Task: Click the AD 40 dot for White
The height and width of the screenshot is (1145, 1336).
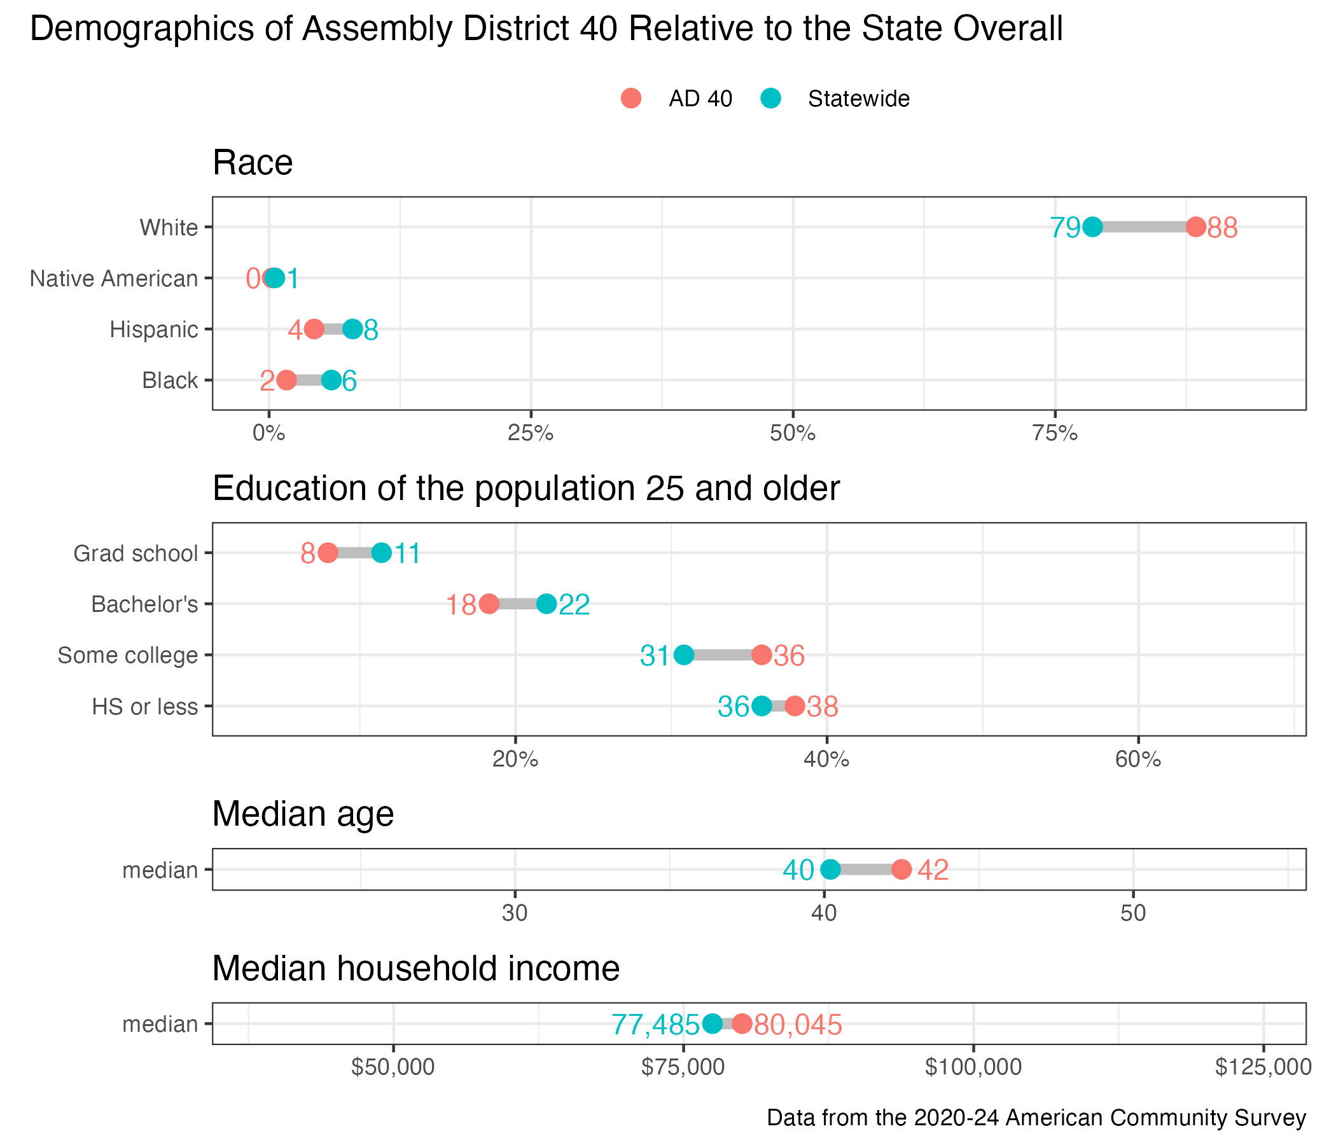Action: [x=1196, y=227]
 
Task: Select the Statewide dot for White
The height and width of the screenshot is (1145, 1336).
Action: [x=1092, y=227]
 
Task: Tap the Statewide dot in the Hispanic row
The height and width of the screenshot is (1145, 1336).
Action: [x=352, y=330]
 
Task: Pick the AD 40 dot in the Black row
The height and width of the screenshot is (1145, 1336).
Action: [x=286, y=380]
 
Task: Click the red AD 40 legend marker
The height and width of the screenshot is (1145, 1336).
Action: [x=631, y=99]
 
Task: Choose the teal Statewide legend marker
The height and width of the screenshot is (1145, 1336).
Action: [x=771, y=99]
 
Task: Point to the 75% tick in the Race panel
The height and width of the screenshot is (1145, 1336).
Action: [x=1055, y=433]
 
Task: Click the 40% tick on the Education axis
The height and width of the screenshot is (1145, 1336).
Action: [x=826, y=760]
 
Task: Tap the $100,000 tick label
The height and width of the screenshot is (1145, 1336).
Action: [x=973, y=1067]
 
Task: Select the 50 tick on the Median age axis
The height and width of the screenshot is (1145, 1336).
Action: [x=1133, y=913]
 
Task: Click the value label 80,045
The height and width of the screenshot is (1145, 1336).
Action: [x=798, y=1024]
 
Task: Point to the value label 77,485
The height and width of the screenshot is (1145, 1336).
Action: [x=655, y=1024]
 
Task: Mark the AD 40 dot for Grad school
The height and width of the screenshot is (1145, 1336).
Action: [x=328, y=553]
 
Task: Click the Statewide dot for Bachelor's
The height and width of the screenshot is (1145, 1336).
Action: [x=546, y=604]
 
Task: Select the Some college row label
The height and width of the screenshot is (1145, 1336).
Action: [x=128, y=656]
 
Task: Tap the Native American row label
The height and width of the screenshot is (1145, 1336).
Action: [x=114, y=279]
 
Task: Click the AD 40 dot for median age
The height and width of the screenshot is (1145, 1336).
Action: [x=901, y=870]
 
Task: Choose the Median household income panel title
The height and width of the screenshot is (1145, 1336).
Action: [x=416, y=968]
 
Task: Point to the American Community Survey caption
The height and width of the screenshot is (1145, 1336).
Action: [x=1036, y=1117]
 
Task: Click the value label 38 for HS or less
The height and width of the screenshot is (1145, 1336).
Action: [x=823, y=707]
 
